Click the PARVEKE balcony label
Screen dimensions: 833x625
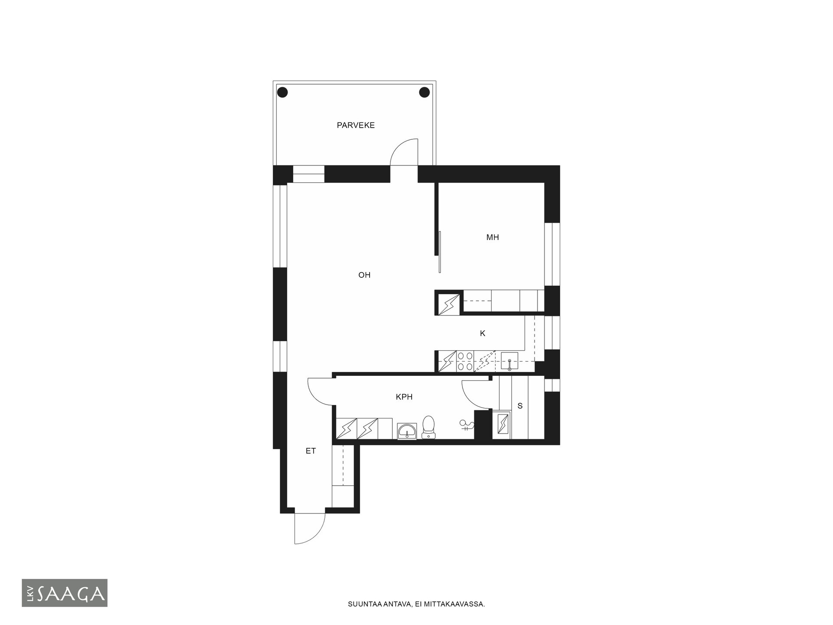pos(356,125)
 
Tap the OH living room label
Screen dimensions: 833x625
pos(364,275)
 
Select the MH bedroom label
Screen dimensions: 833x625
pos(492,237)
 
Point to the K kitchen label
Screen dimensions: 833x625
pos(482,333)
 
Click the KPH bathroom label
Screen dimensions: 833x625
pos(404,397)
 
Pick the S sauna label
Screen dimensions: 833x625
pos(520,406)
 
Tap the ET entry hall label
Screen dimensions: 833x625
pos(311,451)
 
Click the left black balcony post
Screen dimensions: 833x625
pos(282,92)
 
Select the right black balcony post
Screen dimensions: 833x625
pos(424,92)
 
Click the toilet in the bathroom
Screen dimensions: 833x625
pos(429,427)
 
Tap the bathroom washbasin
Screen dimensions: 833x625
pos(407,431)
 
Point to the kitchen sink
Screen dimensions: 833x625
pos(509,362)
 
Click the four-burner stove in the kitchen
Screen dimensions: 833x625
pos(465,362)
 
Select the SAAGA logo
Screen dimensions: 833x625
pos(65,593)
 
